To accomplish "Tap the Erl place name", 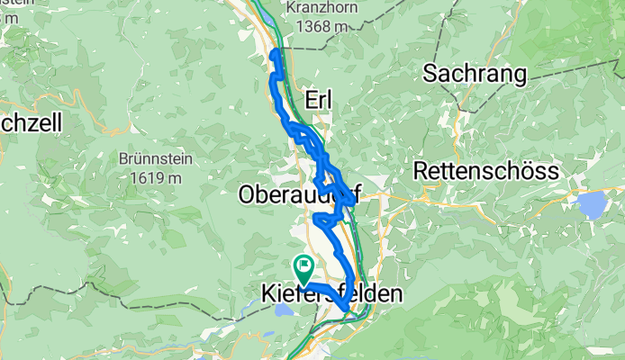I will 319,102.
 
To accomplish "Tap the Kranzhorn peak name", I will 316,6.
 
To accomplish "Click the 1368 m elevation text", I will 316,27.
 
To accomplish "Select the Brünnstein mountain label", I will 149,157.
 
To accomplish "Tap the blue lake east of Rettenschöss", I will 593,205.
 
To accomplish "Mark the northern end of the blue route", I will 273,54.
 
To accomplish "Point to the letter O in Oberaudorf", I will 248,193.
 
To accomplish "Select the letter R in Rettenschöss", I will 419,170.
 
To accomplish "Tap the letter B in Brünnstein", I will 122,157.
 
